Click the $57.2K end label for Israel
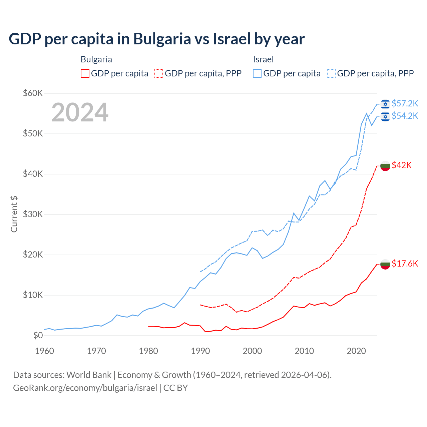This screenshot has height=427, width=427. tap(405, 103)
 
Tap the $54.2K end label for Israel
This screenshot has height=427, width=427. tap(405, 116)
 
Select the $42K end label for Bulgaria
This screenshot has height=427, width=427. tap(402, 165)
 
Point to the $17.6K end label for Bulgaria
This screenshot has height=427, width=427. tap(405, 264)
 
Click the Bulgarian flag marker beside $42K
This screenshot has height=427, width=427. tap(385, 166)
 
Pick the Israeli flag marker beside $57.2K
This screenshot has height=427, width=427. tap(385, 104)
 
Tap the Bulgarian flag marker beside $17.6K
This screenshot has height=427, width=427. tap(385, 264)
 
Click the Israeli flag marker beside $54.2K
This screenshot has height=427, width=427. tap(385, 116)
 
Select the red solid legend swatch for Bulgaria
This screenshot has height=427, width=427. tap(85, 73)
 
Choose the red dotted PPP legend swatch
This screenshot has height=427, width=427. tap(159, 73)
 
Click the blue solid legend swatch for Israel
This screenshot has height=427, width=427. tap(257, 73)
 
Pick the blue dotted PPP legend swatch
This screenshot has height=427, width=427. tap(331, 73)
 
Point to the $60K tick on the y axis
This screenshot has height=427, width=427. tap(33, 93)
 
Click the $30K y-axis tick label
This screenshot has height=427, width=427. tap(33, 214)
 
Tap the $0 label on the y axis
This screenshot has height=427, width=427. tap(38, 335)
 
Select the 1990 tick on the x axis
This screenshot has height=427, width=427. tap(200, 351)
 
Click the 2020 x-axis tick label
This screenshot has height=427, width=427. tap(356, 351)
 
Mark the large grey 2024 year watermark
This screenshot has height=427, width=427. tap(80, 112)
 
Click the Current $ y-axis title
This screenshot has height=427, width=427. tap(14, 214)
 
